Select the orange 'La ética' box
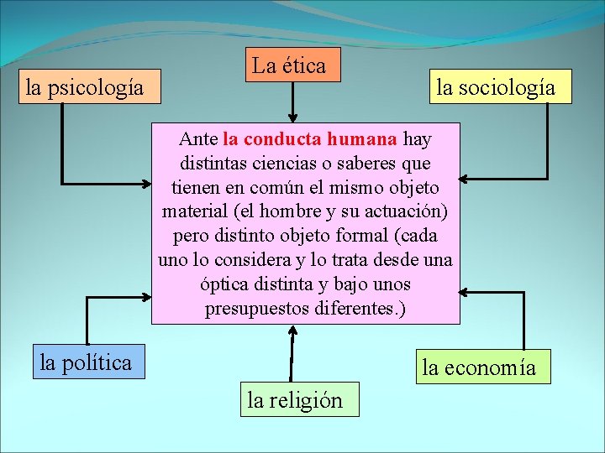(292, 65)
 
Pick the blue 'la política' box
(86, 362)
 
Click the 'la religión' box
(294, 400)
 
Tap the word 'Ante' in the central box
(198, 138)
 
